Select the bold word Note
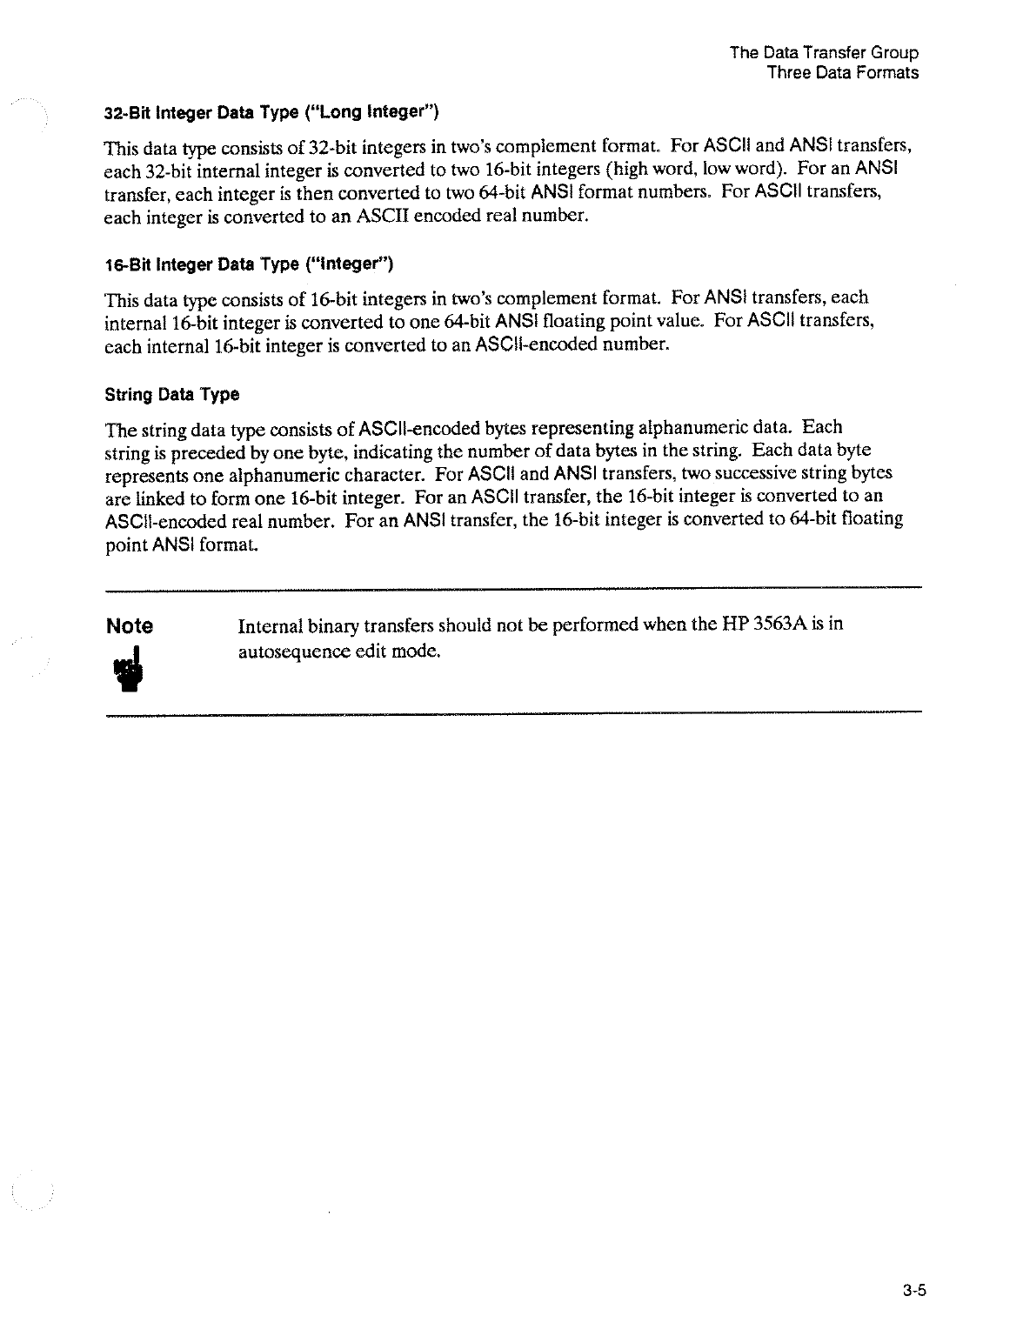(129, 626)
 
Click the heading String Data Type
(171, 395)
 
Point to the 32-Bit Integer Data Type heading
(271, 112)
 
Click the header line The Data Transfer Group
(824, 52)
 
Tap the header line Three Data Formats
(842, 73)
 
